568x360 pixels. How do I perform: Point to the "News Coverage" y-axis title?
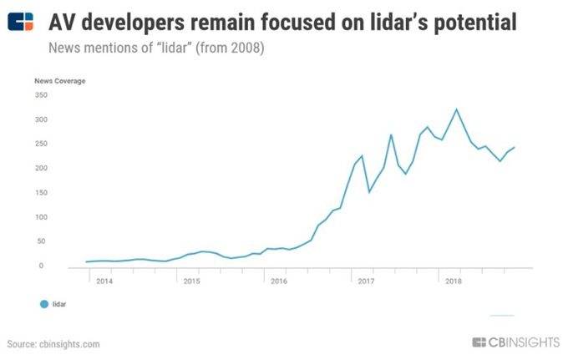[x=60, y=81]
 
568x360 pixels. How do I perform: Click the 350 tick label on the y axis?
[x=42, y=95]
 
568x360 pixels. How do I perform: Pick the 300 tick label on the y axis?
[x=42, y=119]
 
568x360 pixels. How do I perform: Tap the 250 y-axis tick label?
[x=42, y=144]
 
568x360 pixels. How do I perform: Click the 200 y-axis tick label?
[x=42, y=169]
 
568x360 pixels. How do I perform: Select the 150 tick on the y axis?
[x=42, y=193]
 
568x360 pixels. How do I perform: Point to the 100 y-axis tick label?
[x=42, y=217]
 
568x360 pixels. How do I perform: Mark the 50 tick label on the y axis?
[x=43, y=241]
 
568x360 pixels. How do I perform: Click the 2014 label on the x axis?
[x=104, y=281]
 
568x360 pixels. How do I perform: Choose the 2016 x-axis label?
[x=278, y=281]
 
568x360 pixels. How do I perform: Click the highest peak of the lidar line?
[x=456, y=109]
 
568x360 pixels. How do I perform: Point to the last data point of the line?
[x=515, y=147]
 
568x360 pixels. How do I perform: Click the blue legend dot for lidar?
[x=43, y=305]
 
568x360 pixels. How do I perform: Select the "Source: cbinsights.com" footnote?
[x=53, y=344]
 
